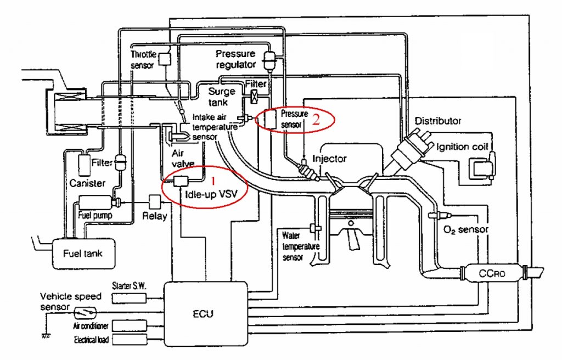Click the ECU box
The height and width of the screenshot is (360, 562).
tap(206, 314)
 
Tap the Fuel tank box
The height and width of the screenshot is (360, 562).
tap(83, 254)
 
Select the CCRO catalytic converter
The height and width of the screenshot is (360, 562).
tap(492, 273)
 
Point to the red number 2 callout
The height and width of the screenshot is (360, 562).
tap(316, 120)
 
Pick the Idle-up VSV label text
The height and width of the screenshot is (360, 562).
tap(211, 194)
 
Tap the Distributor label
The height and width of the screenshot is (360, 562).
tap(437, 121)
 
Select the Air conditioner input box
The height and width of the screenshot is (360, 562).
tap(129, 326)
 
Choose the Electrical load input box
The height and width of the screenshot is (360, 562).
tap(129, 340)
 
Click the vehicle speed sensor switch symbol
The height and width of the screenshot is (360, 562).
tap(85, 313)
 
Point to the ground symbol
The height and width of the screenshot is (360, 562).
tap(46, 336)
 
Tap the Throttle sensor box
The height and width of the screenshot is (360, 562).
tap(165, 59)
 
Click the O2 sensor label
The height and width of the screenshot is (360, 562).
tap(466, 229)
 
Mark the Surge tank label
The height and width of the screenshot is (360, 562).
tap(222, 97)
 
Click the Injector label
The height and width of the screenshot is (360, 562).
tap(329, 159)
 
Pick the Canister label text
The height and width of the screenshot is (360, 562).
tap(87, 183)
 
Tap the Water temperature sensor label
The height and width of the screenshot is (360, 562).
tap(300, 246)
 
